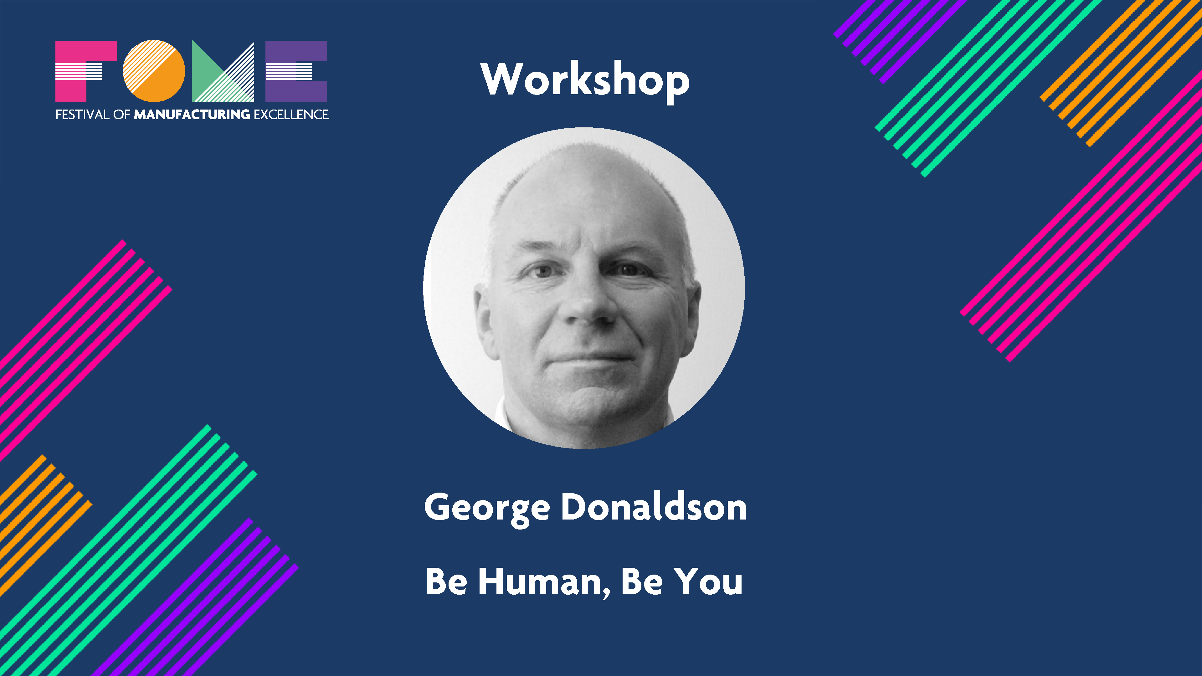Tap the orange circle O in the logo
click(154, 71)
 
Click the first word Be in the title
click(446, 582)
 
